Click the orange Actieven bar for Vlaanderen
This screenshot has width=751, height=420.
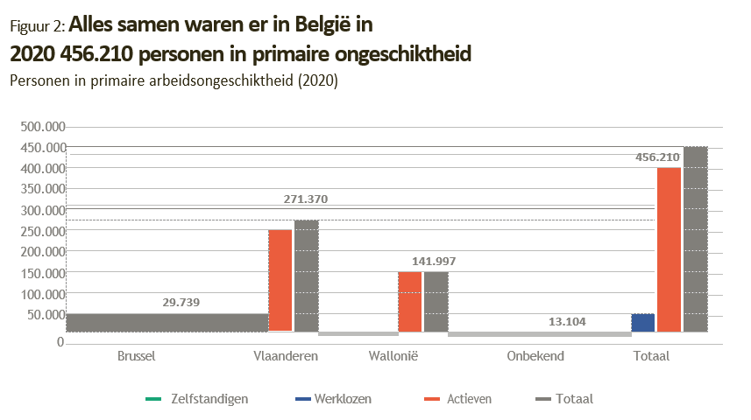(x=280, y=280)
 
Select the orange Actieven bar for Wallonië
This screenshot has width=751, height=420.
(x=410, y=302)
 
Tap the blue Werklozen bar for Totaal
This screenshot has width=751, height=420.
(x=643, y=323)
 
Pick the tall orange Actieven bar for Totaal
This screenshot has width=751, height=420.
(x=669, y=249)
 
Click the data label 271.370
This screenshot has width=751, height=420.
(x=306, y=199)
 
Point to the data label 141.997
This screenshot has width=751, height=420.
(x=434, y=262)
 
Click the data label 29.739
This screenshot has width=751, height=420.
(x=181, y=303)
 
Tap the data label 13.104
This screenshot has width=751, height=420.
(x=568, y=322)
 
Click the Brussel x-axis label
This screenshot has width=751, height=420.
(x=136, y=357)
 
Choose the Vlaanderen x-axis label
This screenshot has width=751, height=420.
(x=286, y=357)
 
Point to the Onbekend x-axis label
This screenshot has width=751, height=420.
(x=535, y=357)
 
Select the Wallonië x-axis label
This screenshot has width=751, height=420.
(x=402, y=357)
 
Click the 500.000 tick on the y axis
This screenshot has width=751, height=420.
(x=43, y=126)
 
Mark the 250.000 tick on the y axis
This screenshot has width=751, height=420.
(x=43, y=231)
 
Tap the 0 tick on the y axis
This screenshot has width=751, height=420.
(x=60, y=342)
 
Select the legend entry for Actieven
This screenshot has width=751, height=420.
(x=467, y=399)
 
